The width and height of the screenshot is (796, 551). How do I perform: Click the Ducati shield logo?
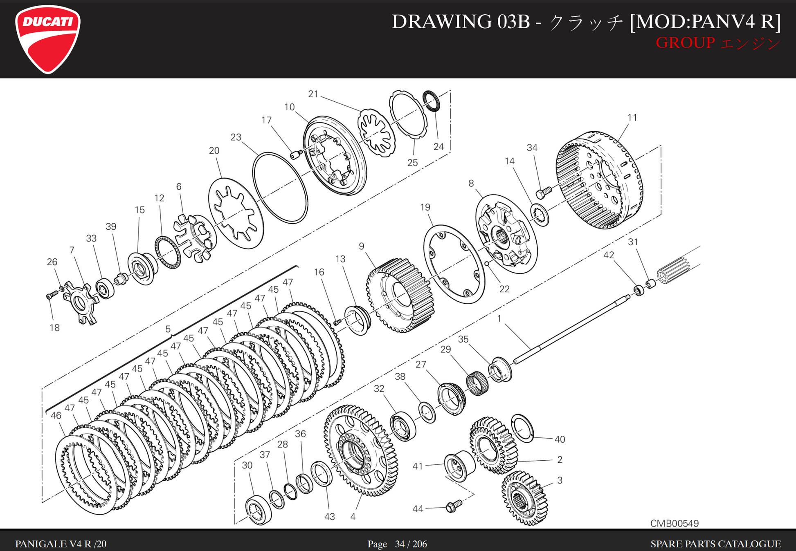[48, 39]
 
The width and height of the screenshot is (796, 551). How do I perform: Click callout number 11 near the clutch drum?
[632, 118]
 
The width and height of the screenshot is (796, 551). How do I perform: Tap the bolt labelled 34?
[544, 192]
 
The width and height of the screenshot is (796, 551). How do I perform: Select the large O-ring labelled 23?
[280, 188]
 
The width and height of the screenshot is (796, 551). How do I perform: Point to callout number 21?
[313, 94]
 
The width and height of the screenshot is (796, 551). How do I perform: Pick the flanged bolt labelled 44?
[454, 506]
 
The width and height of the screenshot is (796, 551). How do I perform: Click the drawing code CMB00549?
[674, 523]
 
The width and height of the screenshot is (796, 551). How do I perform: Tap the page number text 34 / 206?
[411, 544]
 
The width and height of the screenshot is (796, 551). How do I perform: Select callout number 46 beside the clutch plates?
[56, 415]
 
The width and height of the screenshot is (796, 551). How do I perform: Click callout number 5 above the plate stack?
[168, 329]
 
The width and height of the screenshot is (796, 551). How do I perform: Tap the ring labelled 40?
[522, 428]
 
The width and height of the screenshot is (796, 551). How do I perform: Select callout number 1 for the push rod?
[499, 318]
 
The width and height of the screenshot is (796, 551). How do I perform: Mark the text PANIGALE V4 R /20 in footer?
[61, 544]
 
